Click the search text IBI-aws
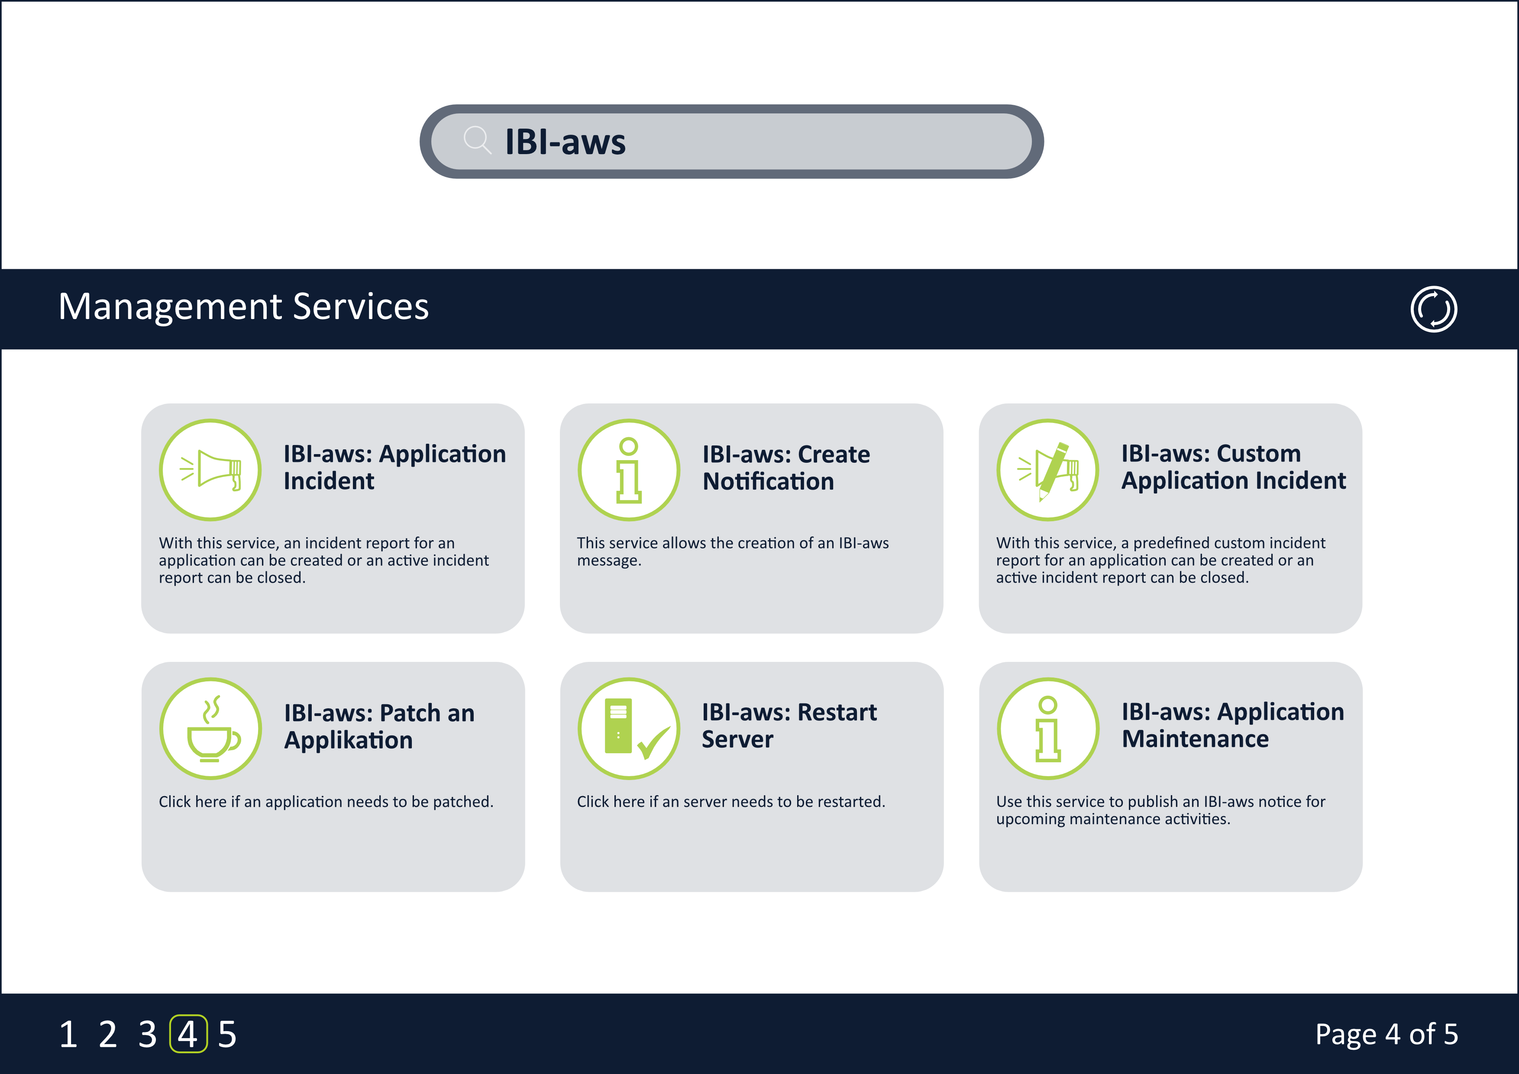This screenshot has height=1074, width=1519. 565,142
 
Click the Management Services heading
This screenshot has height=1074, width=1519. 243,307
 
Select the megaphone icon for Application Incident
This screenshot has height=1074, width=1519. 210,470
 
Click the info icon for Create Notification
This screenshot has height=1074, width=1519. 628,470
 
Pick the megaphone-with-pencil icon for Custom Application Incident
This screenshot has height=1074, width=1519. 1048,470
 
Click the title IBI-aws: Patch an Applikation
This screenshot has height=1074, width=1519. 379,726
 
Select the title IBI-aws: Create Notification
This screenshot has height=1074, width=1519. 786,468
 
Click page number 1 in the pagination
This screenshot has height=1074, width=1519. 68,1034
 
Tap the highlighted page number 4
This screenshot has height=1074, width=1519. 188,1034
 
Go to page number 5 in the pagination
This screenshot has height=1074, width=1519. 227,1034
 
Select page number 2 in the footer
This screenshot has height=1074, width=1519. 108,1034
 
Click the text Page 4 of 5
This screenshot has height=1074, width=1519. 1386,1034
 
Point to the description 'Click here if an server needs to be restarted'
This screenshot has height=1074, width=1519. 730,802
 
